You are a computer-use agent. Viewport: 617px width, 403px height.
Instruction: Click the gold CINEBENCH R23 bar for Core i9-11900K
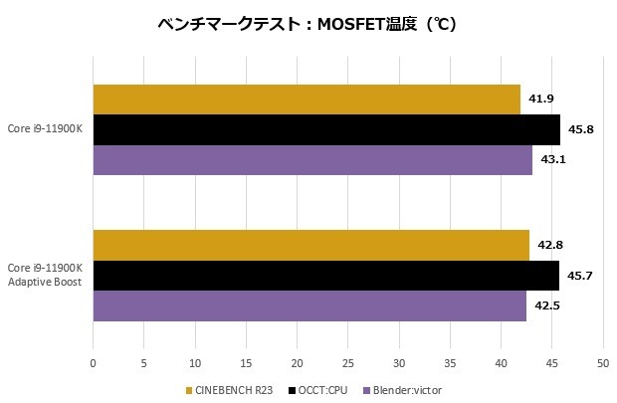click(x=307, y=100)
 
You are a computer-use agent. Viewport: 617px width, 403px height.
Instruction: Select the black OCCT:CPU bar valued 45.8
click(x=326, y=129)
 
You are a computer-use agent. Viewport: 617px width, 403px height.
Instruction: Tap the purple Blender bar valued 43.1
click(x=312, y=160)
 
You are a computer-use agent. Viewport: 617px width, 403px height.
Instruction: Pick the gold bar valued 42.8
click(x=310, y=245)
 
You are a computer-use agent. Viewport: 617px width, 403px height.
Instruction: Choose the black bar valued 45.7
click(x=325, y=276)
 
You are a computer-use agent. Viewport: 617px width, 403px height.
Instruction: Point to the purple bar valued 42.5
click(x=309, y=305)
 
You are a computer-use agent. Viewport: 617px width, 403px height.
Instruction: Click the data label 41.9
click(x=542, y=99)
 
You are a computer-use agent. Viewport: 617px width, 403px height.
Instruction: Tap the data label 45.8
click(x=581, y=129)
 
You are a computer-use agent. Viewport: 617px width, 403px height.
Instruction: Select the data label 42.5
click(x=547, y=305)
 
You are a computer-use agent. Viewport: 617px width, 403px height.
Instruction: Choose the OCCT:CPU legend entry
click(x=315, y=389)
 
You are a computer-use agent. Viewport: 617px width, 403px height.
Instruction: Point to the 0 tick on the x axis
click(x=93, y=363)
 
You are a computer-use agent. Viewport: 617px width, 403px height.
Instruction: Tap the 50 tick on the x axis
click(x=602, y=363)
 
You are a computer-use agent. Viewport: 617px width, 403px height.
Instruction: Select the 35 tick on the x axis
click(x=449, y=363)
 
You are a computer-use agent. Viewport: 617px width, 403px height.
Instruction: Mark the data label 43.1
click(x=553, y=160)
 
